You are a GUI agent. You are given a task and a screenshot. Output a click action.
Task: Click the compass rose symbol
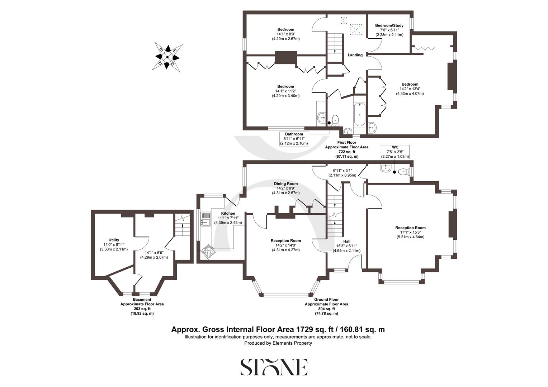tap(167, 56)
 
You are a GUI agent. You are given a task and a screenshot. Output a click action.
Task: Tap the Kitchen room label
tap(228, 214)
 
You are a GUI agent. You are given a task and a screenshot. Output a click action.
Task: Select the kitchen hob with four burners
tap(208, 250)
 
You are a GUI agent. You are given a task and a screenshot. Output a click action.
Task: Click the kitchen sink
tap(205, 219)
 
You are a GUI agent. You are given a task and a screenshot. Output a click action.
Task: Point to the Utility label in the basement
tap(114, 240)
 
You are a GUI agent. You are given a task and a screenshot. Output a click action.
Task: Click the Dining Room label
tap(285, 184)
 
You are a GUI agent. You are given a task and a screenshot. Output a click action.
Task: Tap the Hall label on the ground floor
tap(347, 241)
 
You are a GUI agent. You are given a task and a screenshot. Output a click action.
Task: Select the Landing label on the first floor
tap(355, 55)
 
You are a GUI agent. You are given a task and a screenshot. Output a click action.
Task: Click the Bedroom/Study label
tap(389, 25)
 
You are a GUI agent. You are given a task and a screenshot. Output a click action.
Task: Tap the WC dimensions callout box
tap(395, 152)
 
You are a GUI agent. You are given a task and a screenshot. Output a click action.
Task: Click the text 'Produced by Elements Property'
tap(278, 343)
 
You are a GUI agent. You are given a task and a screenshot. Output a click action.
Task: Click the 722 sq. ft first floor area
tap(346, 152)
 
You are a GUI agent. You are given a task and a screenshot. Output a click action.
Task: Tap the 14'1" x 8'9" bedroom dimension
tap(285, 34)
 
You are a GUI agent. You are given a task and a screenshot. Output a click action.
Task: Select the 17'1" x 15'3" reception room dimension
tap(410, 232)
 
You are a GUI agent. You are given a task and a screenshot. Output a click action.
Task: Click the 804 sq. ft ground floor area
tap(326, 309)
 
